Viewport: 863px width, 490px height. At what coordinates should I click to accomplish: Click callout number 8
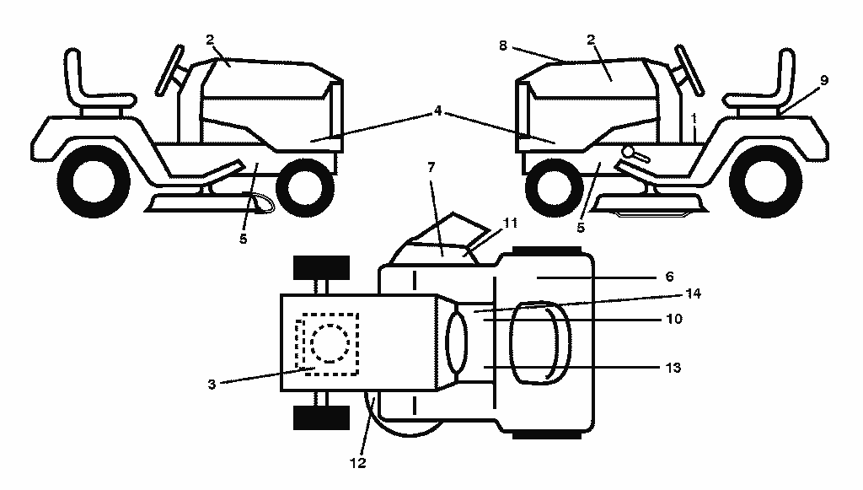[502, 46]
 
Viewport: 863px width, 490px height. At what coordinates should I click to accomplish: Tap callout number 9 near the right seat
[824, 80]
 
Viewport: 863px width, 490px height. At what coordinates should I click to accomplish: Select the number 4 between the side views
[437, 111]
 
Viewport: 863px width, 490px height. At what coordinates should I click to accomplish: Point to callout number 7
[431, 167]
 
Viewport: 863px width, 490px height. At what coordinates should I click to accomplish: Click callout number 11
[510, 223]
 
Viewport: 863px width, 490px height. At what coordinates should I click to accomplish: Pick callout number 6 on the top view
[669, 277]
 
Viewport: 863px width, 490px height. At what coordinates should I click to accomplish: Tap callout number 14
[693, 294]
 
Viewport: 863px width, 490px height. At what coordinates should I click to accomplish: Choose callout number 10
[674, 319]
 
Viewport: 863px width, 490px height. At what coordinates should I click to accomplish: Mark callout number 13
[673, 367]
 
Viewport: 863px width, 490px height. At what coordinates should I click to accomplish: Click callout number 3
[212, 385]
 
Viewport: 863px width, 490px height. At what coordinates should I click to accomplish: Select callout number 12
[357, 463]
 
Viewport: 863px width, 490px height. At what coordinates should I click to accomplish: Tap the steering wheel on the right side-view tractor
[689, 70]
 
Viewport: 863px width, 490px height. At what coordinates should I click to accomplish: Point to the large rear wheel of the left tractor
[94, 181]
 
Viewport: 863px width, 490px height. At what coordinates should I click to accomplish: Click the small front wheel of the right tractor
[555, 188]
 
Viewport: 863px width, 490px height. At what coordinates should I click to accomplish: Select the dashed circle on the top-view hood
[330, 343]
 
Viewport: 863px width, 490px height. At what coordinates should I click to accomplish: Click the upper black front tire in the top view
[321, 267]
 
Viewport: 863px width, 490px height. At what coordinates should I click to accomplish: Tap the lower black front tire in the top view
[321, 417]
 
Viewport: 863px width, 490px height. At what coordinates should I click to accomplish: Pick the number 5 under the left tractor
[244, 239]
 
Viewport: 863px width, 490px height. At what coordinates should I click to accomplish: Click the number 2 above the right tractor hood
[591, 40]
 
